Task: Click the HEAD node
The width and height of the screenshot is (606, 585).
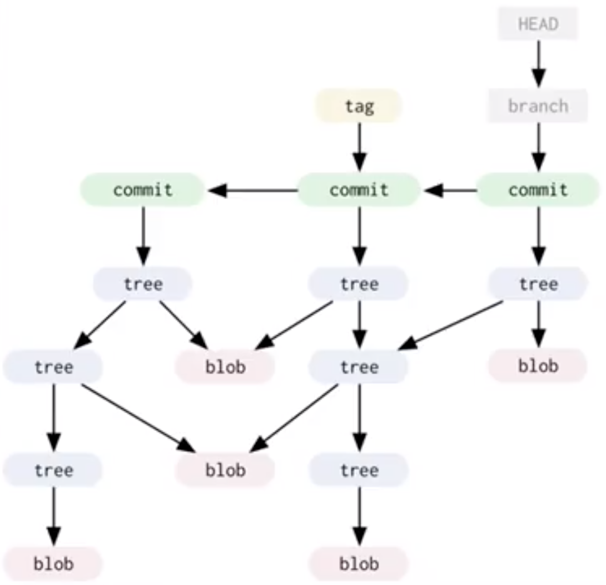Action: coord(538,24)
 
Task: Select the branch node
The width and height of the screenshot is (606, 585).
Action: coord(538,106)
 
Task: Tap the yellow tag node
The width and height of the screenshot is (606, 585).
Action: coord(359,106)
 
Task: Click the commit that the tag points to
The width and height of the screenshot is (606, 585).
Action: coord(359,190)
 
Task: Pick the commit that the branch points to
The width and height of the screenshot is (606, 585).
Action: coord(538,190)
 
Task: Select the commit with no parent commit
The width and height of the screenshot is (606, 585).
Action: coord(143,190)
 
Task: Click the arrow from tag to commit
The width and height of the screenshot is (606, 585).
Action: coord(359,146)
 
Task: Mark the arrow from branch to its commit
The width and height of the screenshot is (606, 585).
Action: coord(538,146)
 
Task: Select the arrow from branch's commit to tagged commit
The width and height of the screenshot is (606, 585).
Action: coord(450,190)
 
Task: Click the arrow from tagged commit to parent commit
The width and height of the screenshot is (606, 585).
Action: coord(253,190)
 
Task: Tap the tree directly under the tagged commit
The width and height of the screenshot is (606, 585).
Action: coord(359,284)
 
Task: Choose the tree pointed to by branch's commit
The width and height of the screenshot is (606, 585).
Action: coord(538,284)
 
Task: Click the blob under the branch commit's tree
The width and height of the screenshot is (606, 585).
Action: coord(538,366)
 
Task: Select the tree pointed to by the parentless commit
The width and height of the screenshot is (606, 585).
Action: coord(143,284)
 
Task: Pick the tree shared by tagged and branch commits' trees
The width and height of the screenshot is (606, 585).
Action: coord(359,367)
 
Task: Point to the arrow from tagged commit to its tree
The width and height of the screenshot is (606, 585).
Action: coord(359,236)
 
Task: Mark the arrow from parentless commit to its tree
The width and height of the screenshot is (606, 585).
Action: coord(143,236)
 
